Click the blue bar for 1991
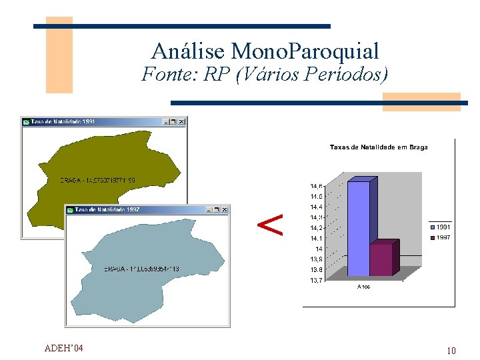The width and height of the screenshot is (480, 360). coord(358,228)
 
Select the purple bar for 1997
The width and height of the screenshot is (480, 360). coord(381,260)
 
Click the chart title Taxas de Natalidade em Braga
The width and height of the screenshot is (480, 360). coord(379,147)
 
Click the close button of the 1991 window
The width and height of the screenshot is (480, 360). coord(182,122)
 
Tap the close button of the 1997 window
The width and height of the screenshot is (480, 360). coord(225,209)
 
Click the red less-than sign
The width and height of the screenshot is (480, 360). coord(270,225)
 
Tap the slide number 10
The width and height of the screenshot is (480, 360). coord(451,351)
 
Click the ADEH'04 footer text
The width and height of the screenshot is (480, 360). coord(63,348)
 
